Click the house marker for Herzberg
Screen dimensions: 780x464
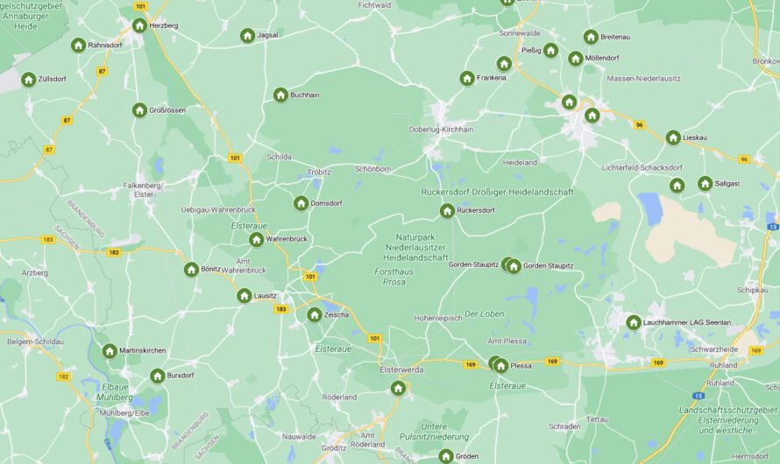click(139, 25)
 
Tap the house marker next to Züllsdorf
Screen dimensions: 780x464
click(29, 79)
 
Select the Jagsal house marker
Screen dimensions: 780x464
click(248, 35)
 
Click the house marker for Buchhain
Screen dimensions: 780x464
click(280, 95)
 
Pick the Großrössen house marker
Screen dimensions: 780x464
click(139, 110)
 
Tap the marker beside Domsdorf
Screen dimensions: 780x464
click(301, 203)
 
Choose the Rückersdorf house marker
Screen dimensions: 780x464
click(447, 210)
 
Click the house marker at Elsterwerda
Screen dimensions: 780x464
click(398, 388)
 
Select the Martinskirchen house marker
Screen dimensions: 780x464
click(110, 351)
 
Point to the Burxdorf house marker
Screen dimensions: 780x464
click(158, 376)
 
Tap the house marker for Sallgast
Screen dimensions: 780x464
click(705, 183)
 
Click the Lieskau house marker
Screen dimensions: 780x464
click(673, 137)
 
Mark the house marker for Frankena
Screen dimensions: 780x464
click(467, 78)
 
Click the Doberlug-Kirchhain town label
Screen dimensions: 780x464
click(441, 129)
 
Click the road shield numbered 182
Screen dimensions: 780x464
click(63, 376)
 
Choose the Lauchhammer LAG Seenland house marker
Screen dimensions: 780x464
click(634, 322)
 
